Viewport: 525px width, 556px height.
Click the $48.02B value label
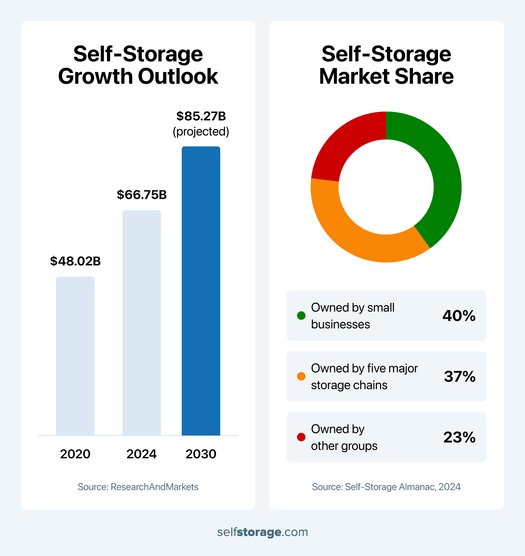[75, 261]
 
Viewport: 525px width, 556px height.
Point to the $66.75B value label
[142, 195]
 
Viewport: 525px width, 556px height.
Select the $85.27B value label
[201, 116]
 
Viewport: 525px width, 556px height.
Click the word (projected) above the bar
[201, 132]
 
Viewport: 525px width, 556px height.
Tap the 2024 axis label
[141, 454]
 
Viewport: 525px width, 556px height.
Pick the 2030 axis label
[201, 454]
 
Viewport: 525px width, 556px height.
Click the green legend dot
[301, 316]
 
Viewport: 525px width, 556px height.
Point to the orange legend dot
[301, 376]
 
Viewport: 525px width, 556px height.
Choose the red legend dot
[301, 437]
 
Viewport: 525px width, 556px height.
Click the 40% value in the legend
[459, 316]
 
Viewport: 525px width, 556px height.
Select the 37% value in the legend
[460, 376]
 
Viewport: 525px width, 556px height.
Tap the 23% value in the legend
[459, 437]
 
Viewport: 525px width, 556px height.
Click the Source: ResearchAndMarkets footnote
[138, 487]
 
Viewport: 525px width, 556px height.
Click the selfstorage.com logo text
[262, 532]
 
